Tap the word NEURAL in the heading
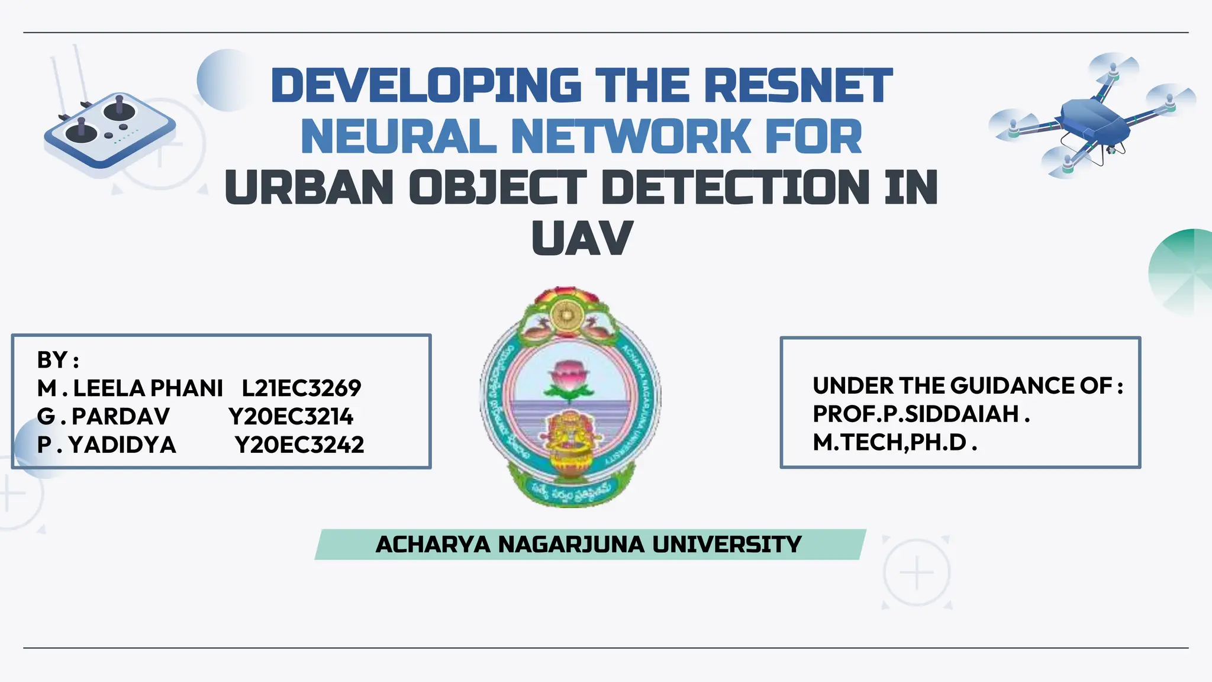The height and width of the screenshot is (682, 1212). click(x=398, y=137)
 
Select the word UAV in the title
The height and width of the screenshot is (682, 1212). click(x=582, y=238)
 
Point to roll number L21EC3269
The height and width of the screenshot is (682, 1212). click(x=301, y=388)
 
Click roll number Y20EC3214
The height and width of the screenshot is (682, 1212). click(x=291, y=417)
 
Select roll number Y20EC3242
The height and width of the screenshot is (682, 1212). click(x=299, y=445)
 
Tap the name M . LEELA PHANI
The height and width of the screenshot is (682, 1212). click(x=130, y=388)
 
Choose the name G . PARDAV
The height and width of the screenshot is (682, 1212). click(x=103, y=417)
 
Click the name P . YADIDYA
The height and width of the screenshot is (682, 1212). click(x=107, y=445)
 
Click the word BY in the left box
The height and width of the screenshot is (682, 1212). click(x=52, y=360)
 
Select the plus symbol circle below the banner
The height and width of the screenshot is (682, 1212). click(x=917, y=572)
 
